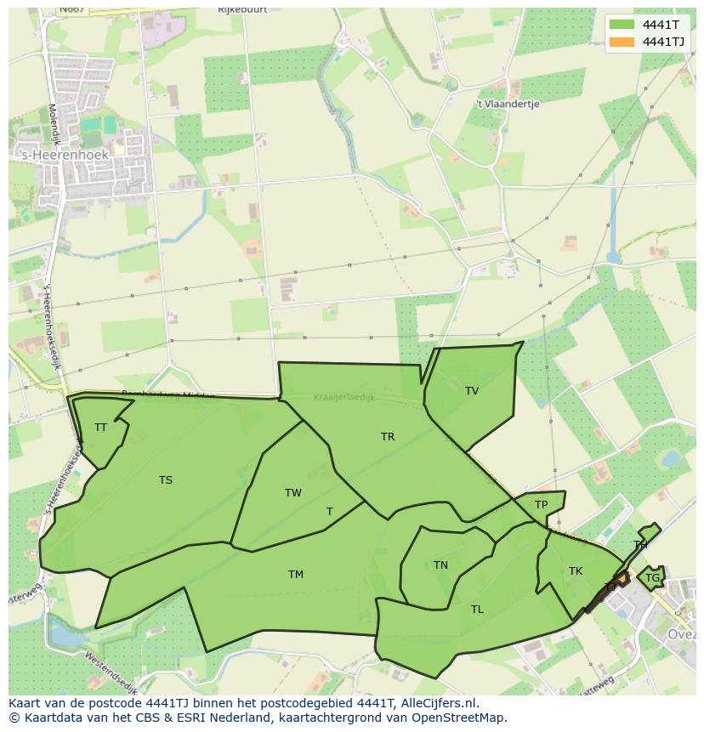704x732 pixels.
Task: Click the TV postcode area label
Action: pos(472,391)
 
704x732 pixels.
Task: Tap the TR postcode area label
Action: pos(388,437)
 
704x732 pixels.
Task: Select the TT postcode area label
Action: pos(100,428)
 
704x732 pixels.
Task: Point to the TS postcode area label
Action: pos(166,480)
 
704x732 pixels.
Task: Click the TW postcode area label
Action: pos(293,493)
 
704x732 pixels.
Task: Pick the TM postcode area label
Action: pos(296,575)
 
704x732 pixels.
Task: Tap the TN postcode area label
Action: pos(440,565)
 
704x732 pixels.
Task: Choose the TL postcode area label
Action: pos(477,610)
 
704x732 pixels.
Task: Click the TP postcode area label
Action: pos(541,505)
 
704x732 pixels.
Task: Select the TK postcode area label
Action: pos(576,571)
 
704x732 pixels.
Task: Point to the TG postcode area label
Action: pos(652,578)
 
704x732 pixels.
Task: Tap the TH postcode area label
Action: pos(640,545)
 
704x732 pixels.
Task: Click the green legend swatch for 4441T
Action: pos(622,25)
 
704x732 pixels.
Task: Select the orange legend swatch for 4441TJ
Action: pos(622,42)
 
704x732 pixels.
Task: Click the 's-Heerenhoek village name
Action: pos(65,156)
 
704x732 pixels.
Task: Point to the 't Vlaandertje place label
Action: pos(508,104)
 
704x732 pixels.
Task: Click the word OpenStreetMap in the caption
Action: pos(459,718)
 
